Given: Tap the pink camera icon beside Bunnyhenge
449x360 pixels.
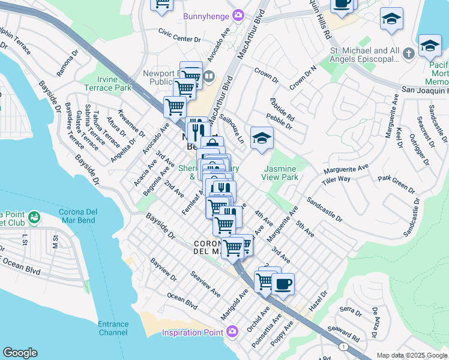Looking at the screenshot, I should [238, 15].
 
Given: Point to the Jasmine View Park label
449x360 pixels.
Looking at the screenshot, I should [280, 173].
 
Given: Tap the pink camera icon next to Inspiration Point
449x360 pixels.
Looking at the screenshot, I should [232, 331].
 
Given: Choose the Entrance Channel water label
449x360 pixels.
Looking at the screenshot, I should [113, 328].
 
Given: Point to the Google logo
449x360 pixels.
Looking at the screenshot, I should [20, 352].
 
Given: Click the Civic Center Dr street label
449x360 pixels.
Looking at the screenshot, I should [179, 39].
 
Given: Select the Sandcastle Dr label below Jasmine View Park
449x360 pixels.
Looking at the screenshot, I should [324, 209].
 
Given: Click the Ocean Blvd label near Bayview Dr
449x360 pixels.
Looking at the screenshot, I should [182, 301].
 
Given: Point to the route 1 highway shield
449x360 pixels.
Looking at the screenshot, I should [343, 347].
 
